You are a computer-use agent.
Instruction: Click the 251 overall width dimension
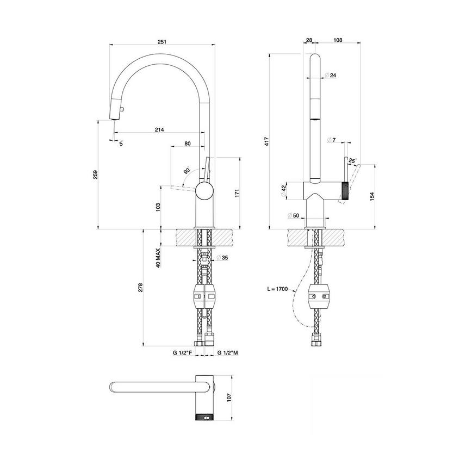point(162,41)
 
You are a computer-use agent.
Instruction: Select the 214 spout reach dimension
point(159,130)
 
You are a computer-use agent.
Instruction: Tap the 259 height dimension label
point(96,174)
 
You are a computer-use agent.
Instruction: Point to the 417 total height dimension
point(268,142)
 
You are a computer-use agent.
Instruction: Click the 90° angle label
point(187,170)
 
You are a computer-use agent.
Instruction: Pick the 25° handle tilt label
point(351,161)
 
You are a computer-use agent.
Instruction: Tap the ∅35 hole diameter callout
point(222,258)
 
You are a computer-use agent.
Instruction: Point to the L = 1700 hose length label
point(278,289)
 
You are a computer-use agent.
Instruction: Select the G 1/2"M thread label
point(228,353)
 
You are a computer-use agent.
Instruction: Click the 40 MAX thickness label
point(158,258)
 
